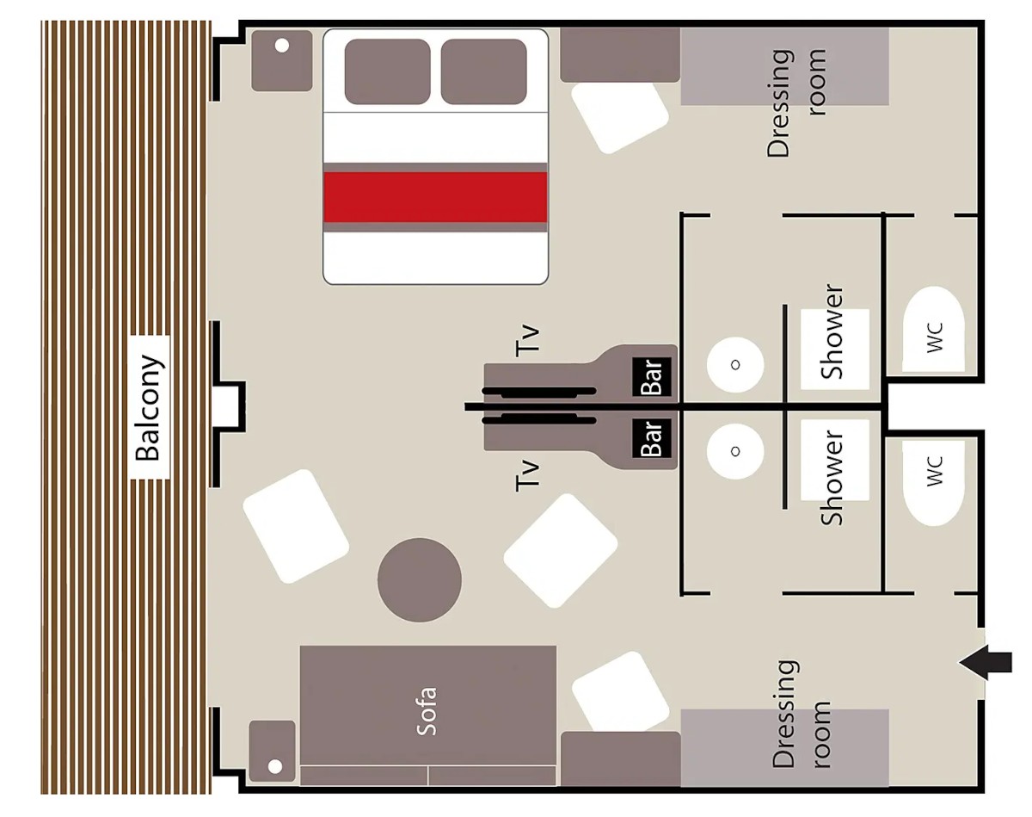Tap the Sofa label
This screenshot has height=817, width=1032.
coord(427,711)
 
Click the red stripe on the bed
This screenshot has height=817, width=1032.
coord(435,197)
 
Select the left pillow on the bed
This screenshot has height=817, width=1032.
coord(388,71)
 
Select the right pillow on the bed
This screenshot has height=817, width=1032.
coord(483,71)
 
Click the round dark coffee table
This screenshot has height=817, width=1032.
coord(420,580)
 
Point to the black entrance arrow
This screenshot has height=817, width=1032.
coord(986,662)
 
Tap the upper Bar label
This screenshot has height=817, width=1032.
coord(652,377)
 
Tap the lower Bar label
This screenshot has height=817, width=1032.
coord(652,438)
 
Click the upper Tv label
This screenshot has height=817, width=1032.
coord(527,341)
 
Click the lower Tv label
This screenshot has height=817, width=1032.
coord(527,474)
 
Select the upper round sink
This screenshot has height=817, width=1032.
coord(735,365)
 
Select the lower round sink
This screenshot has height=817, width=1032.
coord(735,451)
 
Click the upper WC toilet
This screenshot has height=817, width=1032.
coord(933,329)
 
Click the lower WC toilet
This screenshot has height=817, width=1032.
coord(933,483)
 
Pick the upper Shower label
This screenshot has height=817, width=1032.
coord(832,331)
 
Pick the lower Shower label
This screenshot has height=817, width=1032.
coord(832,477)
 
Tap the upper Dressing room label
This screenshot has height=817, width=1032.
coord(796,102)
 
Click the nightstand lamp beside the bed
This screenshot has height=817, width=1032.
coord(282,46)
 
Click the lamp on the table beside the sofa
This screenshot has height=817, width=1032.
coord(275,766)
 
